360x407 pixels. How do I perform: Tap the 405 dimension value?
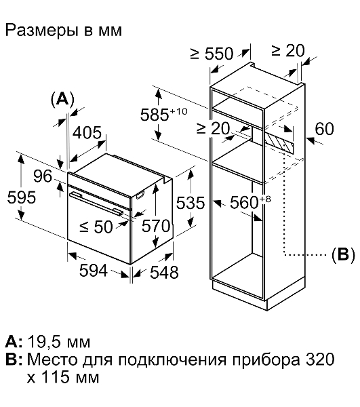pos(87,133)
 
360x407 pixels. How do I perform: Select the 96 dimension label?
pos(43,176)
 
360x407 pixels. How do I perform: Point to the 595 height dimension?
pos(22,197)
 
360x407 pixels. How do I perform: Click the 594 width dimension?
pos(94,271)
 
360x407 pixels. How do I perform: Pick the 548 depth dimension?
pos(165,273)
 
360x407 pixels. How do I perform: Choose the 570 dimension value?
pos(156,226)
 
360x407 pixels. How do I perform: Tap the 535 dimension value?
pos(191,203)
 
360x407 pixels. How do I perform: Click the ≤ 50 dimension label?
pos(96,227)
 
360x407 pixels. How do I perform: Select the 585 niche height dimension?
pos(163,114)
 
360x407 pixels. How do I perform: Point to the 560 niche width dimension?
pos(250,202)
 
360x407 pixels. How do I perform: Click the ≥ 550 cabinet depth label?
pos(212,54)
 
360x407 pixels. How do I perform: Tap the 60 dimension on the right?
pos(324,129)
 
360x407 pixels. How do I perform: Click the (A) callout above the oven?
pos(62,99)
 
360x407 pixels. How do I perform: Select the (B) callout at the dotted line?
pos(343,254)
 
